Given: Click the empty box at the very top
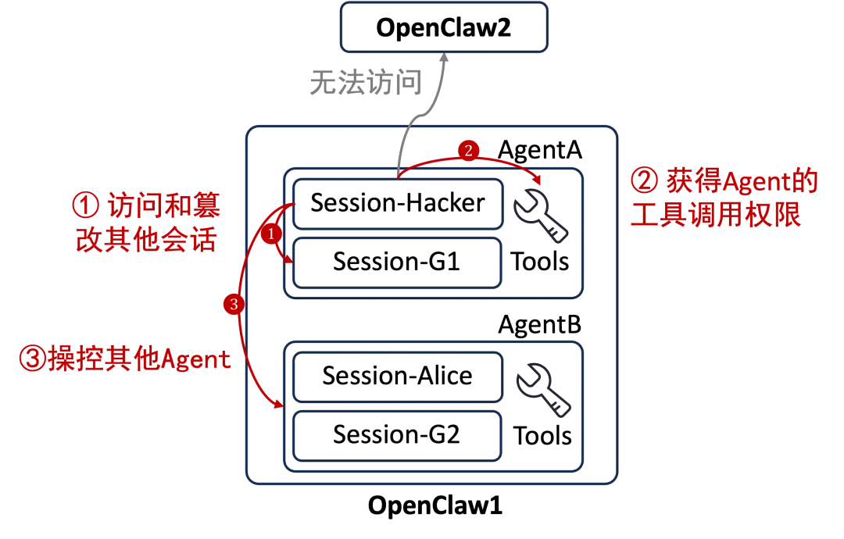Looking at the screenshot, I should point(444,29).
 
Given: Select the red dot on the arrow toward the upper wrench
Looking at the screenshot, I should point(467,150).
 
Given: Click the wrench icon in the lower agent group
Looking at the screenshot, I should point(541,389).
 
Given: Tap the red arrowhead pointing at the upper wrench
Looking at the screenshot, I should point(537,180).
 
